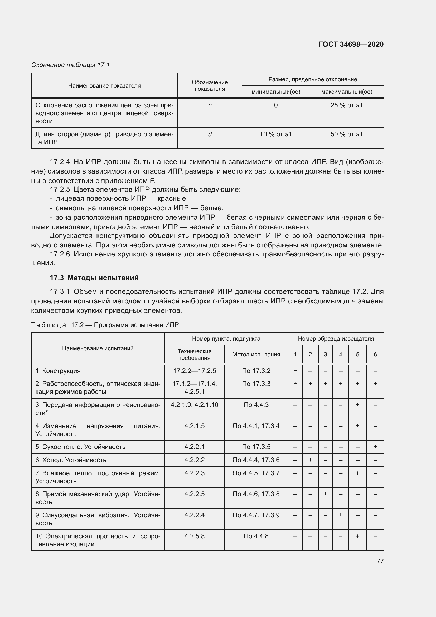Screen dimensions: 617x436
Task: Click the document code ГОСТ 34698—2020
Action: [351, 44]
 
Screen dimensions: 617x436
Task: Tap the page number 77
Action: [380, 561]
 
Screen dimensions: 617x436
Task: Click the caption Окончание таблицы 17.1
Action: [71, 65]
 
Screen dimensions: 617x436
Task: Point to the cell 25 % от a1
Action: [346, 105]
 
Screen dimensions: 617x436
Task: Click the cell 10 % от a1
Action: [275, 134]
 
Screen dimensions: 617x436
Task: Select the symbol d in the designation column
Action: [210, 134]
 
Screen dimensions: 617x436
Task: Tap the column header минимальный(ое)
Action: [275, 92]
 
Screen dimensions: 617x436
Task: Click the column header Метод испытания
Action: [256, 355]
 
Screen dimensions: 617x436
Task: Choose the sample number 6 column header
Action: [375, 355]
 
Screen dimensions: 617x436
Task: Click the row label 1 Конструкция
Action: [58, 371]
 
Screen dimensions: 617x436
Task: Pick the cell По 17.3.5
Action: [256, 447]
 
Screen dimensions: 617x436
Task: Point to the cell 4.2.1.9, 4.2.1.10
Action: [194, 405]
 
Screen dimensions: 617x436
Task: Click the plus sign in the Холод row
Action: [310, 460]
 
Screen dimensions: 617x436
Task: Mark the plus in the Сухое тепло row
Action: [375, 447]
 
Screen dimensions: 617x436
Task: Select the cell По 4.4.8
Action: [256, 536]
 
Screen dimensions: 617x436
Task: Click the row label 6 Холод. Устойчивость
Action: [71, 460]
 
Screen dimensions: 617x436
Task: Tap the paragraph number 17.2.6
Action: [60, 254]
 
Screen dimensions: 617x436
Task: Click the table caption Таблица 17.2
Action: [105, 325]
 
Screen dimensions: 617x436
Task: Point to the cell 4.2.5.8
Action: [194, 536]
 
